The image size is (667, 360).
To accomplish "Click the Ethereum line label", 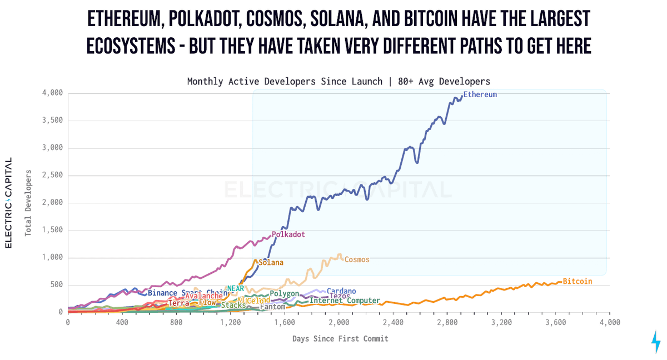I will click(480, 94).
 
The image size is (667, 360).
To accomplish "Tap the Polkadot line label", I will click(288, 234).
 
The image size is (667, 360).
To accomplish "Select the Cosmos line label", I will click(357, 259).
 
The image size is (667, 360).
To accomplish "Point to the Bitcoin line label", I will click(578, 281).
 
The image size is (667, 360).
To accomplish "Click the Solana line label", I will click(271, 262).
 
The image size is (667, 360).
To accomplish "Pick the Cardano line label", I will click(341, 291).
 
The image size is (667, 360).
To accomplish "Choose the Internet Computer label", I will click(345, 301).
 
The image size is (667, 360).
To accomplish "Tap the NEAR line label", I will click(236, 288).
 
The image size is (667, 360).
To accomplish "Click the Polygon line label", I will click(285, 293).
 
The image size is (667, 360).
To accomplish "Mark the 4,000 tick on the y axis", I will click(53, 93).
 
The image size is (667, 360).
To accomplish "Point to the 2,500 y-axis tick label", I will click(53, 175).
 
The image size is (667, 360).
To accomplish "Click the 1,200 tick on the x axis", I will click(230, 322).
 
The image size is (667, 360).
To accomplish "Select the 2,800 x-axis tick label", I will click(447, 322).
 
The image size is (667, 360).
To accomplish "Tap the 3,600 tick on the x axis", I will click(556, 322).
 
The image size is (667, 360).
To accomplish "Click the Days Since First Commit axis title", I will click(340, 338).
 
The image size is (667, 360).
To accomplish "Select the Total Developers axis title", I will click(28, 203).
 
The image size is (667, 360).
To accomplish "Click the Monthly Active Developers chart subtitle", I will click(339, 81).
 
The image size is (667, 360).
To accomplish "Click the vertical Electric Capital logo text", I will click(9, 203).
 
